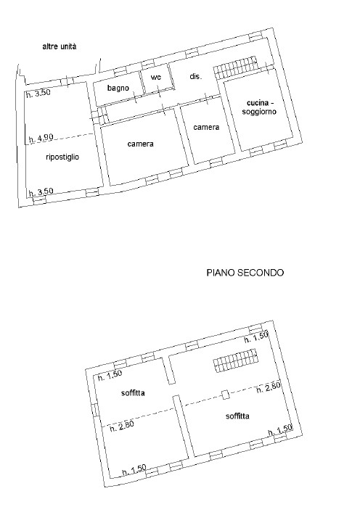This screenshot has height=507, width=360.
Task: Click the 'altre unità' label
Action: tap(60, 46)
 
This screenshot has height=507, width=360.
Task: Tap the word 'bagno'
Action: tap(118, 88)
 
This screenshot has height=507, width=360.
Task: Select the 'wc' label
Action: tap(155, 78)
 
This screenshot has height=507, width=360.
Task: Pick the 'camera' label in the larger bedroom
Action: tap(140, 144)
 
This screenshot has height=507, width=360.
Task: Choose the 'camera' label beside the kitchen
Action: tap(206, 127)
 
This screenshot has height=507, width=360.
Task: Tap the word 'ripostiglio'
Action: tap(62, 156)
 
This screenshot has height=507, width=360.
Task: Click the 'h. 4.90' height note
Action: tap(40, 138)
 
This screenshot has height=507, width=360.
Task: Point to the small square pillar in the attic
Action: tap(225, 395)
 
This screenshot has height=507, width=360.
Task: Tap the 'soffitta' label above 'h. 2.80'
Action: tap(133, 392)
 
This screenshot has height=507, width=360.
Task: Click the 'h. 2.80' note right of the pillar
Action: tap(268, 389)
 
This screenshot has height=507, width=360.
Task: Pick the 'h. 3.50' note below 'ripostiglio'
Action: tap(40, 191)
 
